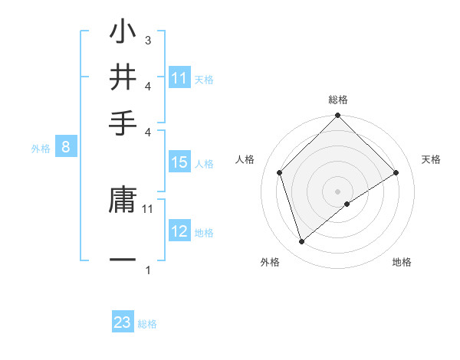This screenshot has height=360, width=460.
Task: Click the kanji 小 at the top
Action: (x=123, y=32)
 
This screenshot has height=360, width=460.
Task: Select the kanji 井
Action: (x=123, y=77)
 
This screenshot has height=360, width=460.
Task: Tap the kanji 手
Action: (x=123, y=121)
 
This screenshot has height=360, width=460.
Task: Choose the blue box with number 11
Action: (x=179, y=78)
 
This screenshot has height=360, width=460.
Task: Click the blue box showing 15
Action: (x=179, y=162)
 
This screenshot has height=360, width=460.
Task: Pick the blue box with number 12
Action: (x=179, y=231)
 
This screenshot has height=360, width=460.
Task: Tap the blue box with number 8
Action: (x=65, y=148)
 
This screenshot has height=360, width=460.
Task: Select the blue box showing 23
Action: (x=123, y=322)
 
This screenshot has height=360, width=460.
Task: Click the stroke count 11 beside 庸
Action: (x=148, y=208)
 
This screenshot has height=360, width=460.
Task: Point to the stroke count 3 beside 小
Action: (x=148, y=39)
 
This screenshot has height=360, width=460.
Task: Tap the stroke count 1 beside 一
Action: (x=148, y=269)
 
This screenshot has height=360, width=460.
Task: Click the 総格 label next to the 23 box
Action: (x=147, y=324)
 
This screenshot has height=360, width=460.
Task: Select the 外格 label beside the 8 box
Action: (x=41, y=149)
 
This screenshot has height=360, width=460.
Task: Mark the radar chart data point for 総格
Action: (x=338, y=117)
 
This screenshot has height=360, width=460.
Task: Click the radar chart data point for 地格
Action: (x=347, y=204)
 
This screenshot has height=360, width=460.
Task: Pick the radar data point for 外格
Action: (x=301, y=242)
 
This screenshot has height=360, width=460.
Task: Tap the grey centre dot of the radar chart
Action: (x=338, y=191)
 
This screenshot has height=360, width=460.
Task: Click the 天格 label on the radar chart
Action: (x=432, y=159)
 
